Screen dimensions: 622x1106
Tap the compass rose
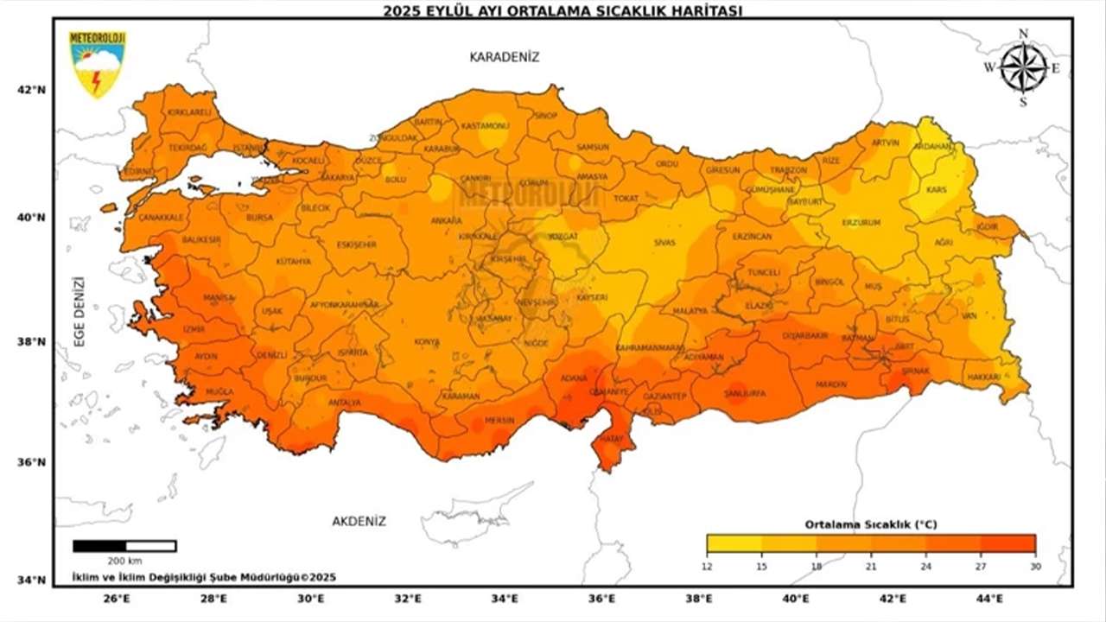click(x=1024, y=67)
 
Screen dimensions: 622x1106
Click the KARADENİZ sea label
click(x=504, y=57)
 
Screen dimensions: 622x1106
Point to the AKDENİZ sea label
click(x=359, y=521)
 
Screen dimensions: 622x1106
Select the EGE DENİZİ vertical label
click(x=79, y=311)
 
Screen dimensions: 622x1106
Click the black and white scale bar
click(x=124, y=546)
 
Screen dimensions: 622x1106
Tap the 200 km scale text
click(x=124, y=562)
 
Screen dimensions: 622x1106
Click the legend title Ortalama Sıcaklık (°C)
click(x=870, y=524)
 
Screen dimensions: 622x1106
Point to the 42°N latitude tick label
click(x=31, y=90)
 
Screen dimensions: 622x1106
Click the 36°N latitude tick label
click(x=31, y=462)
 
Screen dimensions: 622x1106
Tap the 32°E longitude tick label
click(x=408, y=598)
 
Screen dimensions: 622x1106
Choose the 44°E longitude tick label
click(x=989, y=598)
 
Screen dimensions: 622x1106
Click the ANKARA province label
click(x=446, y=221)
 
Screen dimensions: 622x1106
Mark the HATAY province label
click(x=611, y=439)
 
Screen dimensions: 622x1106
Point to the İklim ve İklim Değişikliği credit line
click(x=204, y=577)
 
